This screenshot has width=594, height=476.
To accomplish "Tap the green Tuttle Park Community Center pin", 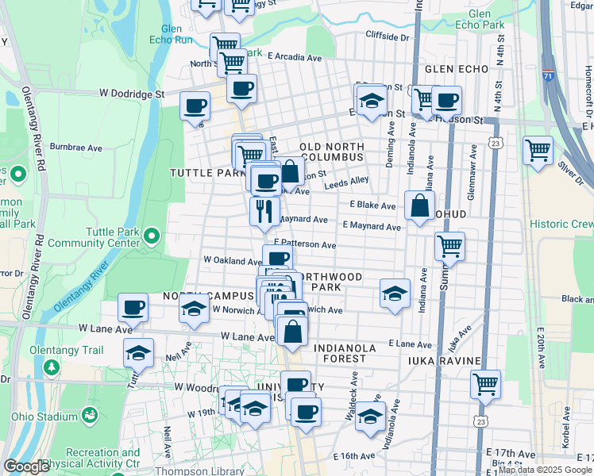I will point(152,236).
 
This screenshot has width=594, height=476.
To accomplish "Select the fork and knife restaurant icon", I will point(264,212).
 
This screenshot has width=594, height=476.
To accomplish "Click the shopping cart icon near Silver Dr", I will point(538,150).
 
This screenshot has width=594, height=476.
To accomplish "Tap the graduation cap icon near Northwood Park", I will point(395,293).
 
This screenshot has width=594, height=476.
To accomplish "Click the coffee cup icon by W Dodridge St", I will point(195,106).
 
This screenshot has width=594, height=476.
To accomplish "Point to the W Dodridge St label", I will point(131,94).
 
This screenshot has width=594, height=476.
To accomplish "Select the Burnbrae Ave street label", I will point(76,148).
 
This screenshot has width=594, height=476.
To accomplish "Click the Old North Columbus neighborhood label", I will point(332,152).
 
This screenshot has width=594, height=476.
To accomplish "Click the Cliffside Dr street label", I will point(387,36).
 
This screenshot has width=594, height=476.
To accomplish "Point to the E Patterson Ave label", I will point(305,245).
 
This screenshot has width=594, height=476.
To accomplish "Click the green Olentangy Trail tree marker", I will point(52,367).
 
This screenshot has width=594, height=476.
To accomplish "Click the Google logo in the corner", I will point(26,466).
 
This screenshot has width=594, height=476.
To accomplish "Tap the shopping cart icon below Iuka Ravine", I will point(484,385).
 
